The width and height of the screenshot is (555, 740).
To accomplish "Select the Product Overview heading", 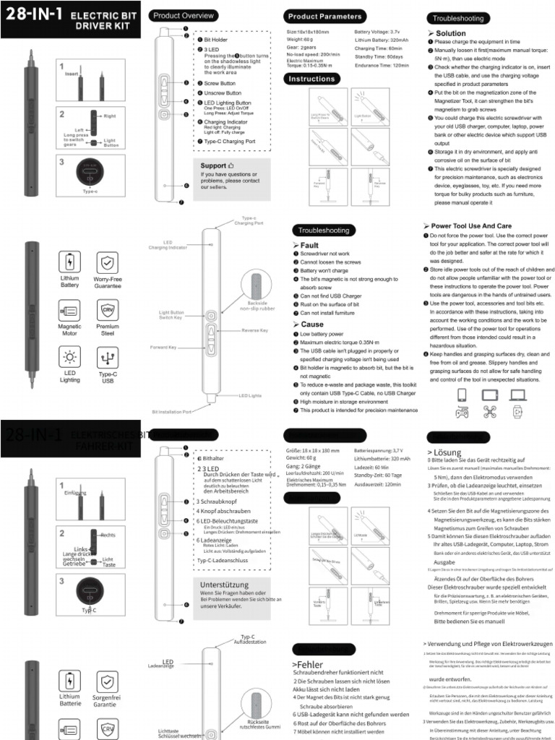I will click(x=183, y=15).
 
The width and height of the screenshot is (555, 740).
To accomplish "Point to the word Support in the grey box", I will click(x=212, y=165).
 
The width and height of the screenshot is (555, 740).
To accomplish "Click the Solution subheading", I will click(x=450, y=33).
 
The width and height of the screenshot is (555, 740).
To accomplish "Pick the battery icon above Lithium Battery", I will click(x=69, y=261).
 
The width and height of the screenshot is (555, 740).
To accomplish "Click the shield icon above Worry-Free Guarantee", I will click(x=108, y=261).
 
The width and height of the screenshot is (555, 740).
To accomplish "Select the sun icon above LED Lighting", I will click(x=69, y=357).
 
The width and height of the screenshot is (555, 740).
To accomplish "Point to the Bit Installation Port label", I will click(x=171, y=411).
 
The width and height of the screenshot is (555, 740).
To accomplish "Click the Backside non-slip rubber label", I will click(x=257, y=306).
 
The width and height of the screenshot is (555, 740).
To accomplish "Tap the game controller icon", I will click(x=462, y=413).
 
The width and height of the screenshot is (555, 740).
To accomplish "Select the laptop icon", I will click(x=518, y=395).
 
